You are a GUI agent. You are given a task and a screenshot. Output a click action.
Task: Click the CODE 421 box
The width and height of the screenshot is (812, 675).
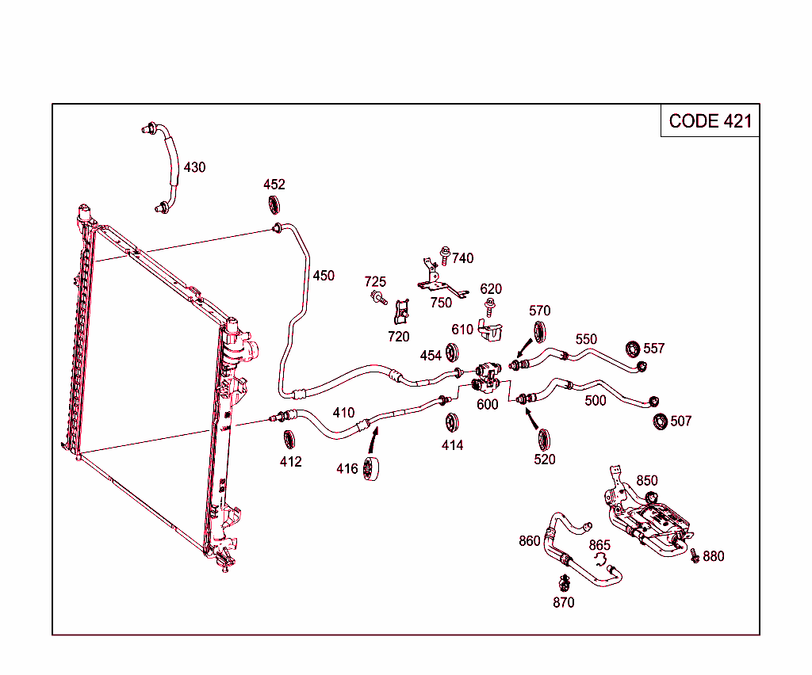[710, 120]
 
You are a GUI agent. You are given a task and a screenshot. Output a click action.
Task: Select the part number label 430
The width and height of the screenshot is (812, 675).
[194, 167]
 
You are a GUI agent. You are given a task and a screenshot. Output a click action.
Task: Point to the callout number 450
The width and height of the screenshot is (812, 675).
[324, 276]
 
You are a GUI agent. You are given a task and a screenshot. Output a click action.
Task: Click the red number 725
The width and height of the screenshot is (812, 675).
[375, 282]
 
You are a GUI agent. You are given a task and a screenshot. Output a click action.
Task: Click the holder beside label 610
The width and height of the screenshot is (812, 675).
[492, 330]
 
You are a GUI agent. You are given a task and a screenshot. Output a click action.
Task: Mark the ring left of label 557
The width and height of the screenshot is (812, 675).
[633, 348]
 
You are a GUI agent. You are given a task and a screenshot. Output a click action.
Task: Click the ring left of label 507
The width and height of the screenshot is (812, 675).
[660, 421]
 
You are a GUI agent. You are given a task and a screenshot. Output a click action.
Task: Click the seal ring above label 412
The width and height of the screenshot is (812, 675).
[290, 438]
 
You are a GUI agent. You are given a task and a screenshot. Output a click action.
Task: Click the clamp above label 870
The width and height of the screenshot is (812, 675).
[564, 583]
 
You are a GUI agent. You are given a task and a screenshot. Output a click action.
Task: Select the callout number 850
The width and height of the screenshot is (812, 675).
[647, 480]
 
